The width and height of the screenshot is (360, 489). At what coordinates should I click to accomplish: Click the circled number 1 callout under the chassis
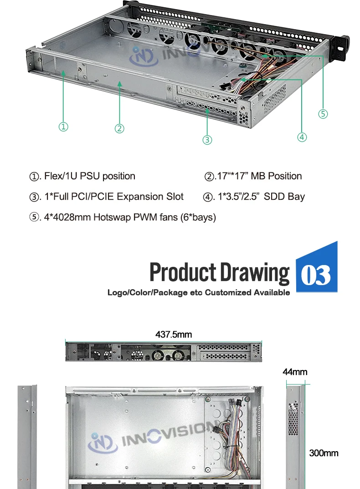tap(63, 127)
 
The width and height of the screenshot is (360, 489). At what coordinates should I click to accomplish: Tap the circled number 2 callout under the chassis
tap(119, 129)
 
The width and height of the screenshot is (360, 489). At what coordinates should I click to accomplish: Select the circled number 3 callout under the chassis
tap(207, 140)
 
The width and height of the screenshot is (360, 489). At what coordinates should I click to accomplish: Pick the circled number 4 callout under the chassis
tap(302, 137)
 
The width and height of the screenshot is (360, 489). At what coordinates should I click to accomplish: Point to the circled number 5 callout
tap(323, 114)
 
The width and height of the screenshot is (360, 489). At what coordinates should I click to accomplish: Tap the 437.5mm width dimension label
tap(174, 335)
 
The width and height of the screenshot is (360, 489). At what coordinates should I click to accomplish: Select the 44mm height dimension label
tap(295, 372)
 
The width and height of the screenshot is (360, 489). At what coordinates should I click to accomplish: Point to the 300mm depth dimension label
tap(324, 453)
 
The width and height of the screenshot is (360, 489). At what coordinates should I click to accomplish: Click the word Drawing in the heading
tap(255, 273)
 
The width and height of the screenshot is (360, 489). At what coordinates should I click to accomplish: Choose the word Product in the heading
tap(183, 272)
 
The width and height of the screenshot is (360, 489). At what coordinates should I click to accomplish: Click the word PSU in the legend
tap(90, 176)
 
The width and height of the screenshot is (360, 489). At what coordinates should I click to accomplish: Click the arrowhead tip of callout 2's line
tap(119, 82)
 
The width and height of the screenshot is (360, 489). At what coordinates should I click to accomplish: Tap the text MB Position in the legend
tap(276, 176)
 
